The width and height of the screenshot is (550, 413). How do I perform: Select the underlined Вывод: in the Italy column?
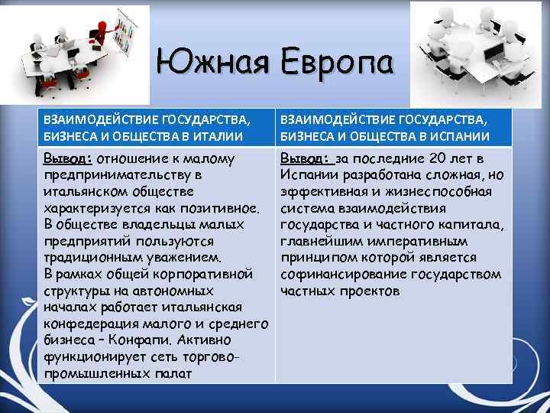point(67,158)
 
